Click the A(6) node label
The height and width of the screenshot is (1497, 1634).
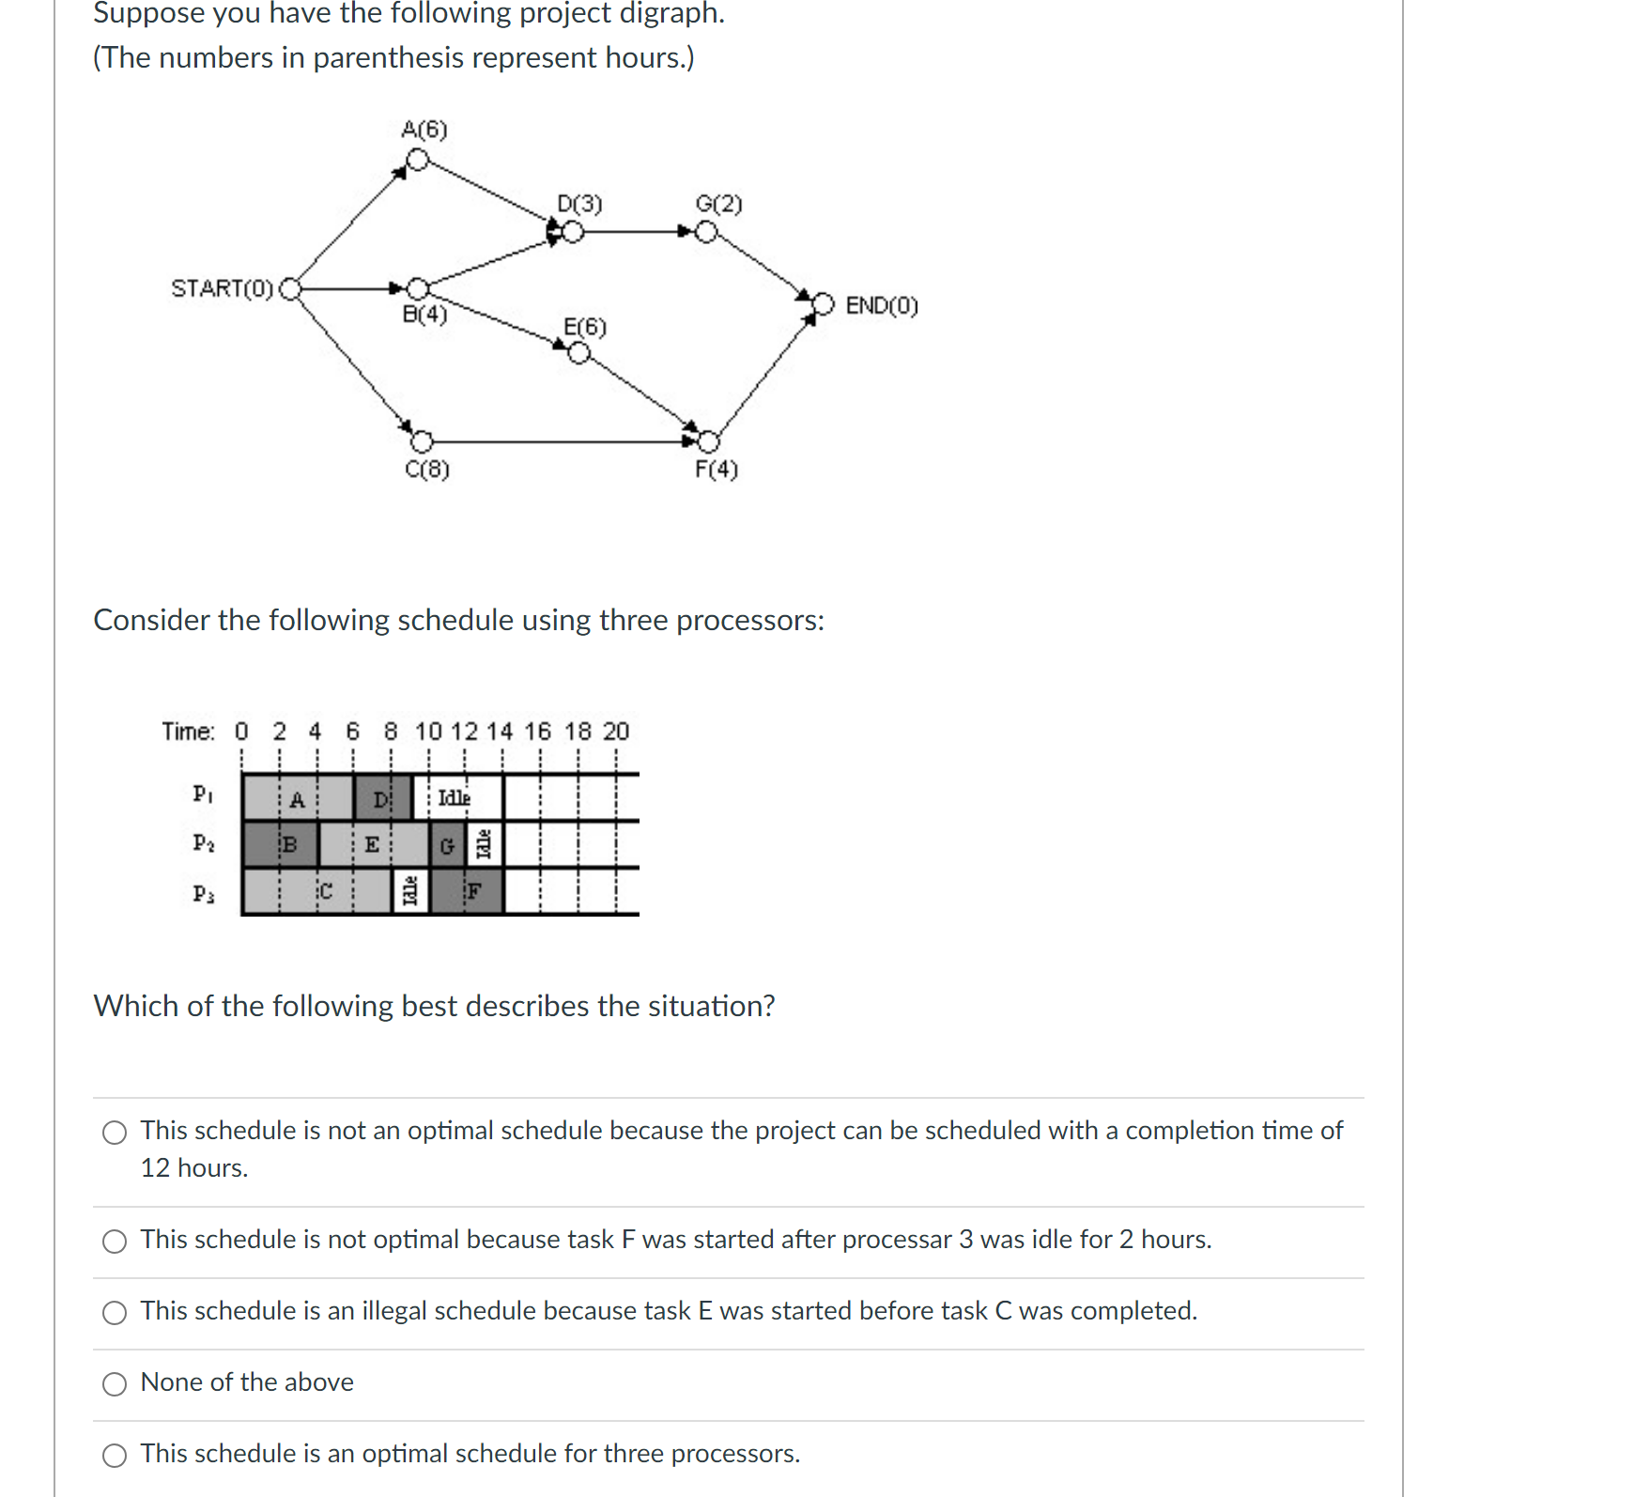click(x=424, y=130)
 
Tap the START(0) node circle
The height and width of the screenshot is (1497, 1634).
click(x=291, y=288)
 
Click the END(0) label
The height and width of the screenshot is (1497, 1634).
click(x=881, y=306)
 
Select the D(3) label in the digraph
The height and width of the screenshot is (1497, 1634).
click(x=579, y=204)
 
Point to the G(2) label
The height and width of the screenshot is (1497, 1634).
click(x=718, y=204)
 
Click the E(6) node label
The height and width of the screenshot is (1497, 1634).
click(x=584, y=327)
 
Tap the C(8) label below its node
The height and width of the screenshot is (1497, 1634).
click(x=427, y=469)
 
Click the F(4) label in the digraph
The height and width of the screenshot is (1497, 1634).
click(x=716, y=469)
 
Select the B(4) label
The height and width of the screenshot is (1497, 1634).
click(x=424, y=315)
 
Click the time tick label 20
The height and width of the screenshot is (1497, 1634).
click(x=615, y=732)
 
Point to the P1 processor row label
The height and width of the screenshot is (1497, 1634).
click(x=203, y=795)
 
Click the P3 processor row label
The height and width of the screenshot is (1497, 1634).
click(x=203, y=893)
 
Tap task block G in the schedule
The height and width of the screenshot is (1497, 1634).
click(x=447, y=845)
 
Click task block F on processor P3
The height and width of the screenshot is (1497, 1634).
click(x=474, y=891)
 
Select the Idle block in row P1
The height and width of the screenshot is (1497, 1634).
click(x=455, y=797)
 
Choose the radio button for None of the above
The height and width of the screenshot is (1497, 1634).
click(x=115, y=1383)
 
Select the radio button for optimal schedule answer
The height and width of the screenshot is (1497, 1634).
click(x=115, y=1455)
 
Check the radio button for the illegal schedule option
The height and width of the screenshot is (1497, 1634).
click(x=115, y=1312)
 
